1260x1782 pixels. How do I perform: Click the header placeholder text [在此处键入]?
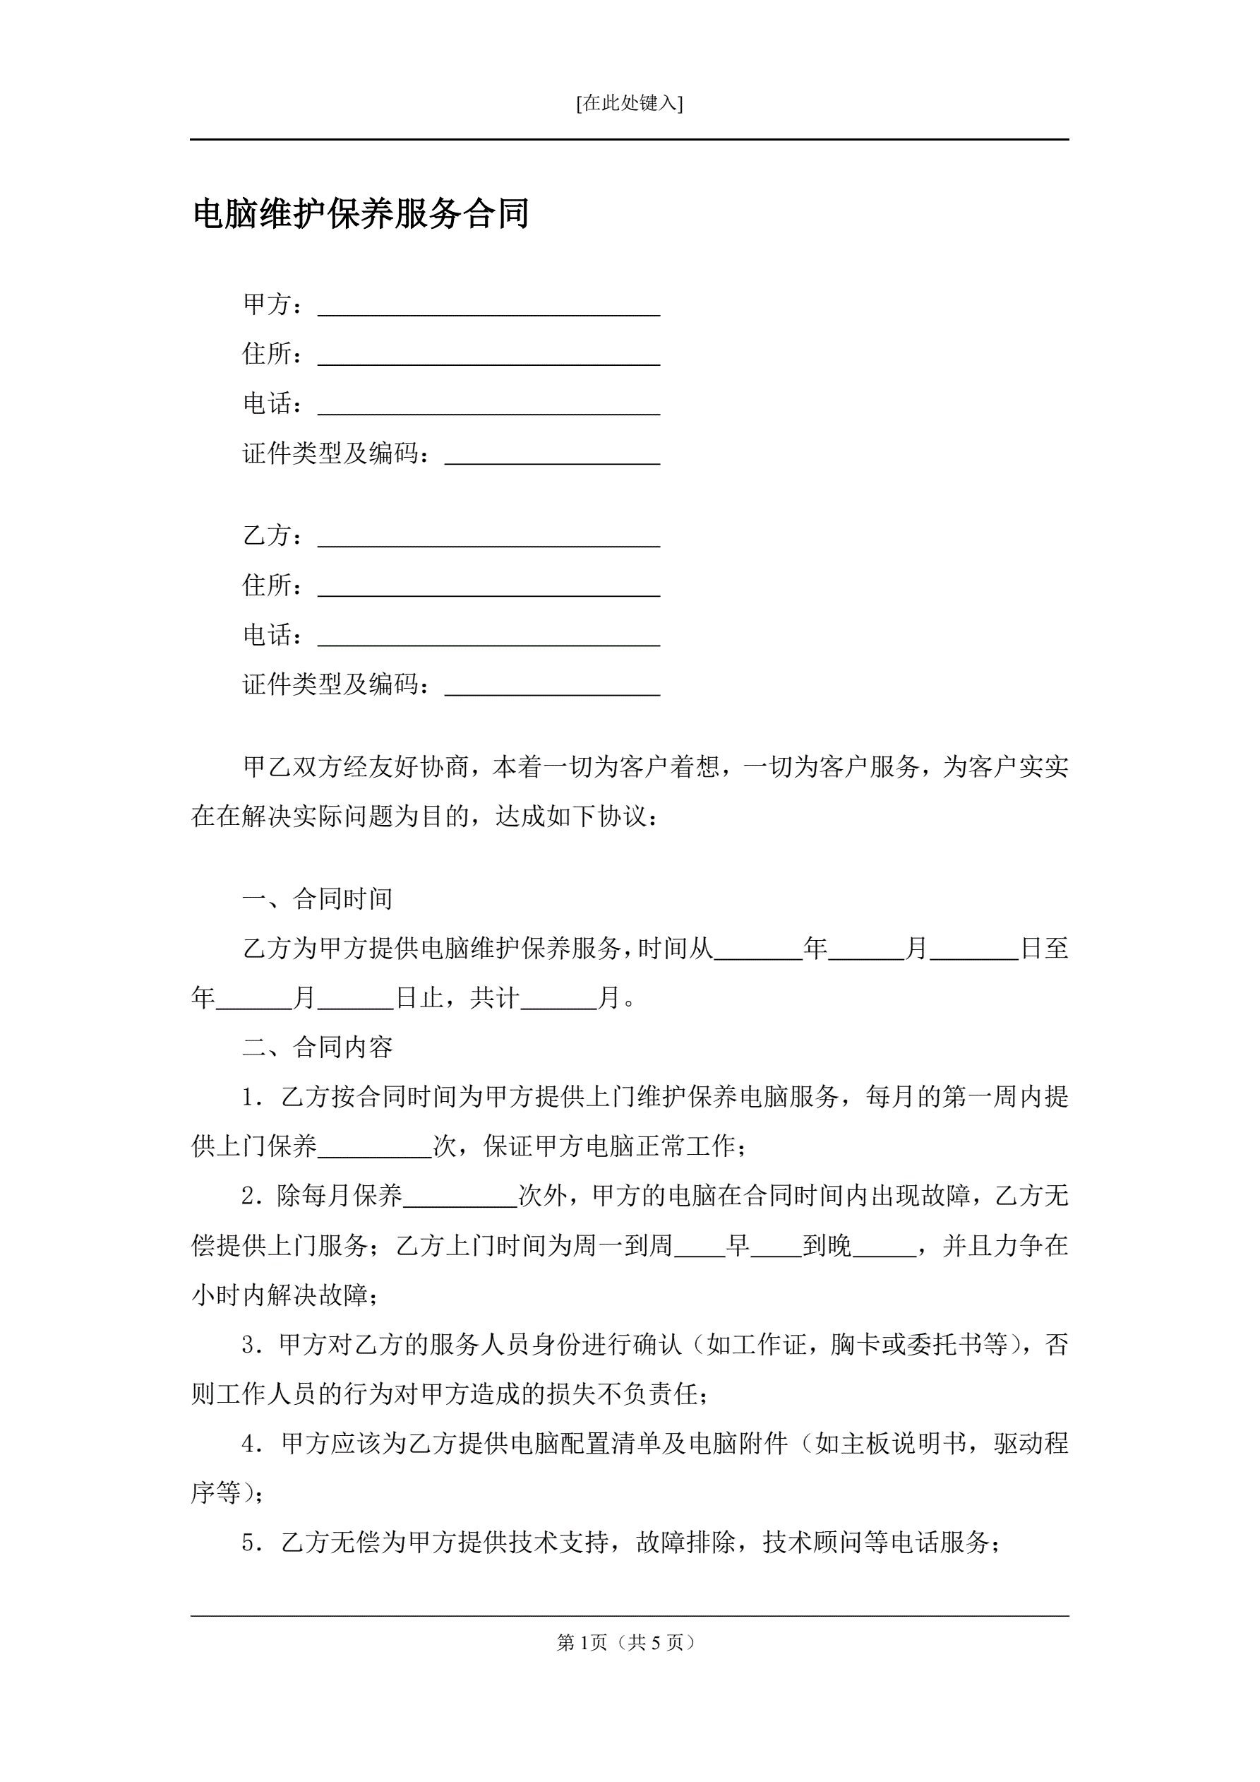629,103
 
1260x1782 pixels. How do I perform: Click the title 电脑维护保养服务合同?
361,214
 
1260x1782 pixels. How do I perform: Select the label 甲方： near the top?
272,304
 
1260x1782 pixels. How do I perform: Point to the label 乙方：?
272,535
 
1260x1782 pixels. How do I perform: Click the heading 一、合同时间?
318,898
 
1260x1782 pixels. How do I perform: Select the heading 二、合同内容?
318,1047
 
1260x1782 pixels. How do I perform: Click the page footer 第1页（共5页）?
629,1642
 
